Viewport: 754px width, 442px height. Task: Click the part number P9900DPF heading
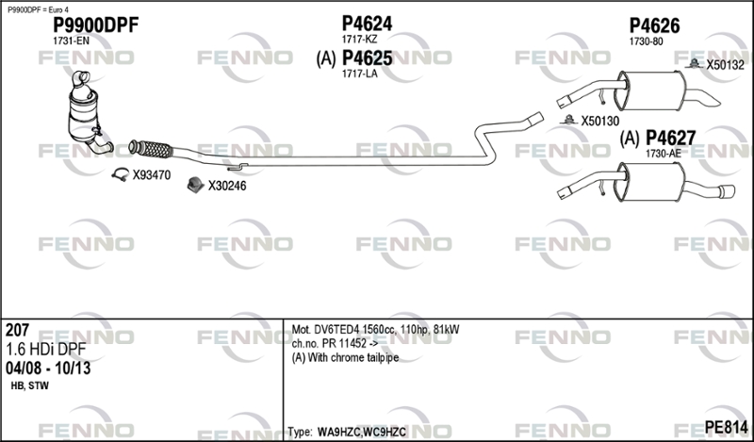point(95,25)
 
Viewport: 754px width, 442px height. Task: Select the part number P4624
point(367,23)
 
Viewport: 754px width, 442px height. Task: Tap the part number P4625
point(367,58)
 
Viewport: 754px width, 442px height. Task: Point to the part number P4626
point(654,26)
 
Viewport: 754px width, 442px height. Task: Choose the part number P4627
point(670,138)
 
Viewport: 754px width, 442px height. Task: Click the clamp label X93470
point(152,175)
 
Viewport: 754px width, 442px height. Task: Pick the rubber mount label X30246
point(227,186)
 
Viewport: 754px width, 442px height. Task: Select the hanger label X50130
point(600,122)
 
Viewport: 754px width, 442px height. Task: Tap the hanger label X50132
point(725,65)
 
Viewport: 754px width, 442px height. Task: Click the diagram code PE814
point(726,427)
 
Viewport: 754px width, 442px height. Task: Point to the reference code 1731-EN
point(71,41)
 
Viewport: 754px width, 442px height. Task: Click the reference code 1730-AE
point(664,154)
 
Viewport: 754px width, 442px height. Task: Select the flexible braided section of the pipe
point(152,149)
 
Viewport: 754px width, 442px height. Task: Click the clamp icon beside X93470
point(121,174)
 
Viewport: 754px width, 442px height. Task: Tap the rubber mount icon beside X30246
point(195,185)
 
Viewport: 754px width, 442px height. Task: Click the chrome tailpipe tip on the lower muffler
point(726,191)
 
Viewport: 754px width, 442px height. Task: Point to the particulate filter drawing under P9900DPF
point(88,113)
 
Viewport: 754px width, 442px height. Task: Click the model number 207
point(17,330)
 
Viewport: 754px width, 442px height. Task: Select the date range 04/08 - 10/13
point(48,368)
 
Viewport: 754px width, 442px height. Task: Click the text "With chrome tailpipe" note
point(352,358)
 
